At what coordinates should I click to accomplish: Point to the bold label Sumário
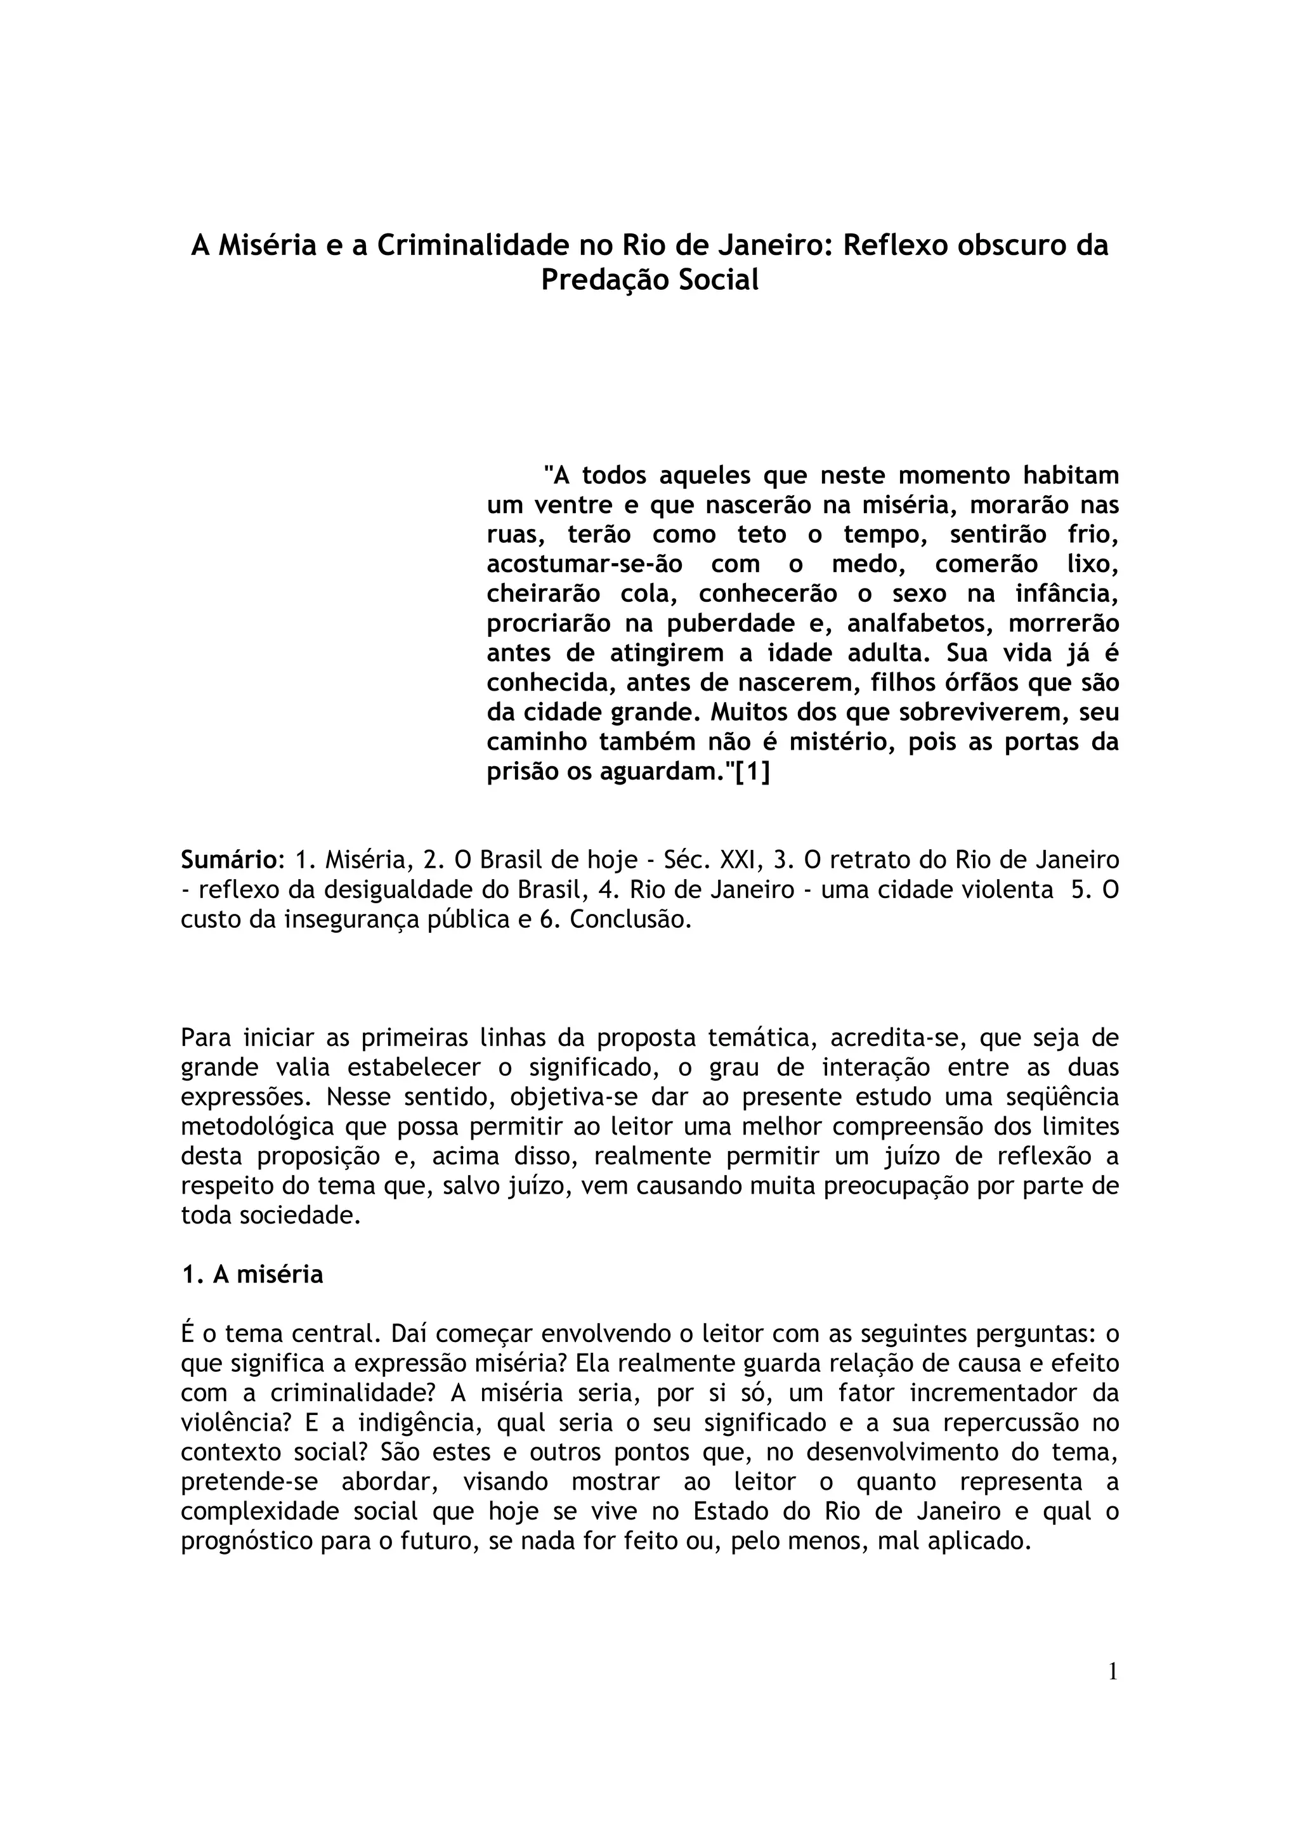228,861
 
